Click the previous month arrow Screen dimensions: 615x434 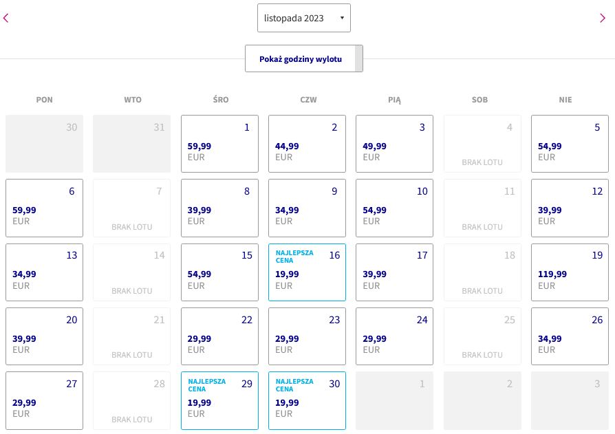click(6, 18)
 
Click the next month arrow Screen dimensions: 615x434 click(603, 18)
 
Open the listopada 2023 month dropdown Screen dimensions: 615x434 click(304, 18)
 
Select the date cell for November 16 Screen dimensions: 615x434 click(307, 272)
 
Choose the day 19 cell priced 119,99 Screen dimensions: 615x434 click(570, 272)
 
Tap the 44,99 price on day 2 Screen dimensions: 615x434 click(287, 147)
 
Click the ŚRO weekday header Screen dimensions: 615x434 click(221, 100)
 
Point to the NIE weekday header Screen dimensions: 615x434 click(565, 100)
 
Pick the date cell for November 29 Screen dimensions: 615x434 click(219, 401)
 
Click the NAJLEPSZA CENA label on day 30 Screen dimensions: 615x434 click(294, 385)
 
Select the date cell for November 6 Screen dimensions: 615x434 click(44, 208)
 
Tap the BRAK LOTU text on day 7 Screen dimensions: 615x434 click(132, 227)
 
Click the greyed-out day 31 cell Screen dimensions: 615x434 click(132, 144)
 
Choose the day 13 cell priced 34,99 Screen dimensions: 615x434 click(44, 272)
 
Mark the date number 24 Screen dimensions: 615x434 click(422, 320)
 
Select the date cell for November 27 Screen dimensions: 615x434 click(44, 401)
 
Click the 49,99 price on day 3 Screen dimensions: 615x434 click(374, 147)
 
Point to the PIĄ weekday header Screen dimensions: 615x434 click(395, 100)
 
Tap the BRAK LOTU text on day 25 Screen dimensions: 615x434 click(482, 355)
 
